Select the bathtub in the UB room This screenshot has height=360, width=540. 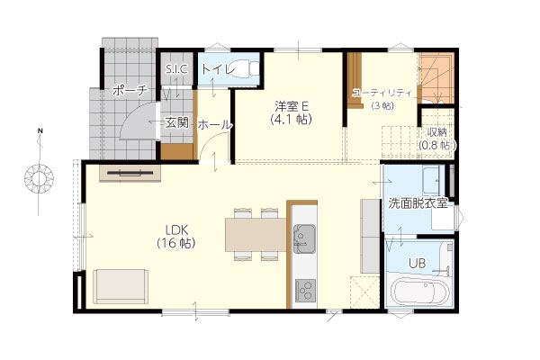pyautogui.click(x=419, y=292)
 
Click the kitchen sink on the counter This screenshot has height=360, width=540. pyautogui.click(x=304, y=238)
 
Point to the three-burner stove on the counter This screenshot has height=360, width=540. pyautogui.click(x=305, y=290)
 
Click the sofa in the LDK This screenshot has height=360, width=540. pyautogui.click(x=121, y=286)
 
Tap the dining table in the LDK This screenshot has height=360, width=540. pyautogui.click(x=256, y=235)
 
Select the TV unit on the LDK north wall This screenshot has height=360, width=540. pyautogui.click(x=130, y=173)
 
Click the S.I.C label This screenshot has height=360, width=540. pyautogui.click(x=176, y=69)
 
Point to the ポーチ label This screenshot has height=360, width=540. pyautogui.click(x=130, y=91)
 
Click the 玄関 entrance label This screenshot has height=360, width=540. pyautogui.click(x=176, y=122)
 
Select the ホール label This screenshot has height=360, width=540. pyautogui.click(x=215, y=125)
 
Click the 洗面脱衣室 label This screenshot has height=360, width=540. pyautogui.click(x=418, y=203)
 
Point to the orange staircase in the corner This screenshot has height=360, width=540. pyautogui.click(x=436, y=77)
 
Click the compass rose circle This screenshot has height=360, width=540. pyautogui.click(x=39, y=179)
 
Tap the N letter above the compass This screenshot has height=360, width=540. pyautogui.click(x=40, y=131)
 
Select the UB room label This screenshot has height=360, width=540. pyautogui.click(x=417, y=264)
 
